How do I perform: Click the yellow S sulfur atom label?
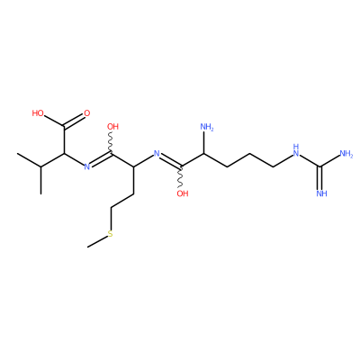tap(111, 234)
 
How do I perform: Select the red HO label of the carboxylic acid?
tap(38, 113)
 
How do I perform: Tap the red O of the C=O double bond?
tap(87, 113)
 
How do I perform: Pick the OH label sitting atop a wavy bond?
tap(113, 127)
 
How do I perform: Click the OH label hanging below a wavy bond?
tap(183, 193)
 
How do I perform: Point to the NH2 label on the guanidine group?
tap(346, 154)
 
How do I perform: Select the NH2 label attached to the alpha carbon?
tap(207, 127)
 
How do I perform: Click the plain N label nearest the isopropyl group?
tap(87, 166)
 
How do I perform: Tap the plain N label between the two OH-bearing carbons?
tap(157, 154)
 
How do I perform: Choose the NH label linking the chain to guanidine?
tap(296, 150)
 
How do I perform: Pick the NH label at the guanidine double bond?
tap(321, 193)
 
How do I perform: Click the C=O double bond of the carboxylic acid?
tap(74, 121)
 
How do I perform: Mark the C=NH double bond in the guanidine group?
tap(320, 177)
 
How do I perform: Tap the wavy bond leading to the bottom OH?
tap(181, 177)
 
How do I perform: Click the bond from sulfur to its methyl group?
tap(97, 242)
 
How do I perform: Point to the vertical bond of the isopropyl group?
tap(40, 180)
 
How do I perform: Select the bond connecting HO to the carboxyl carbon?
tap(54, 121)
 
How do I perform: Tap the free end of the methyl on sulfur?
tap(87, 247)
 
